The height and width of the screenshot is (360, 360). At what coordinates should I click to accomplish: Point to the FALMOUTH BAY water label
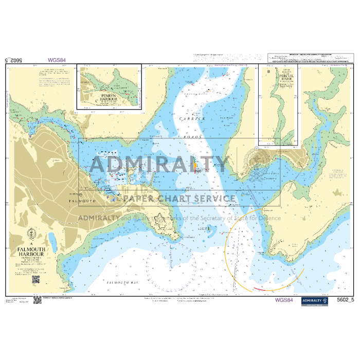[121, 283]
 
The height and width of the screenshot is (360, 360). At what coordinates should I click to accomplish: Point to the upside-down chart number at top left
[14, 60]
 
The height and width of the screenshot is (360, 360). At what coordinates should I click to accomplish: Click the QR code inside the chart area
[35, 279]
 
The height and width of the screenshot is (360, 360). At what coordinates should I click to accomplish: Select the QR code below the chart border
[37, 299]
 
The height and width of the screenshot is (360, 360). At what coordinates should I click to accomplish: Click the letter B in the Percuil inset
[269, 71]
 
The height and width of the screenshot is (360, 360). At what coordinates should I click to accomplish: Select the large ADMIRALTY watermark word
[159, 165]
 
